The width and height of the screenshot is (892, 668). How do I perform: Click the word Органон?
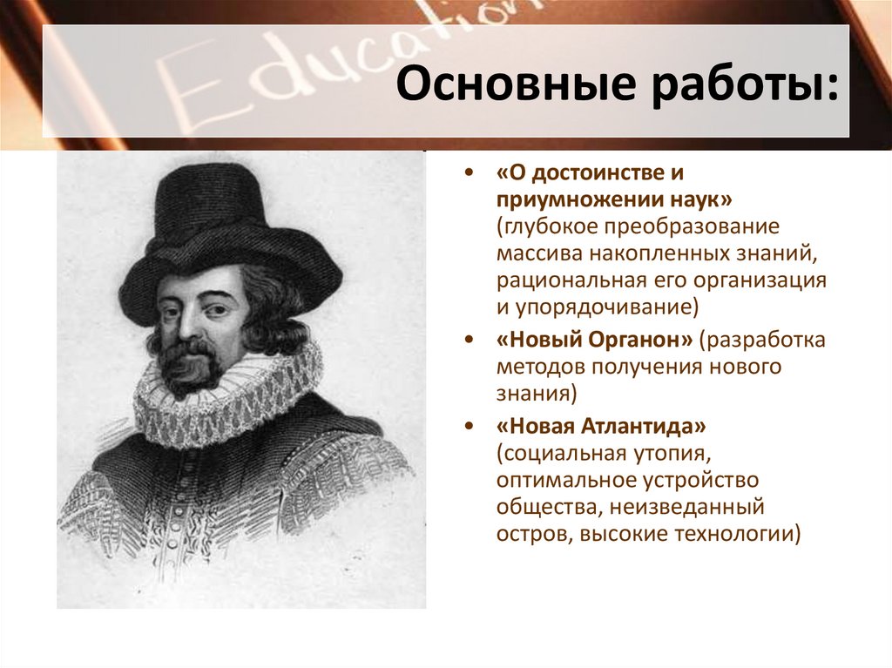pos(641,340)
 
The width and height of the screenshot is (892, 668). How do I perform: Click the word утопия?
pos(670,454)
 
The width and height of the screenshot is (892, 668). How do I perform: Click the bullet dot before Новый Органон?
pos(470,340)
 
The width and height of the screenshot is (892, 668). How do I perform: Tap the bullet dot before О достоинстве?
pos(470,172)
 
